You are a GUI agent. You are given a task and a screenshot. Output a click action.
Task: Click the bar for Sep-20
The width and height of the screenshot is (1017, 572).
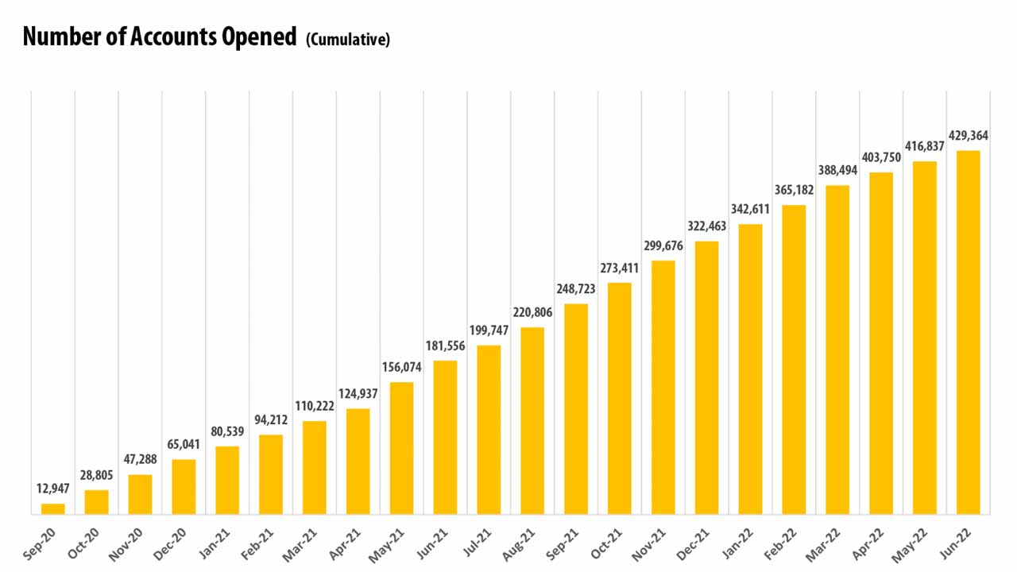(53, 508)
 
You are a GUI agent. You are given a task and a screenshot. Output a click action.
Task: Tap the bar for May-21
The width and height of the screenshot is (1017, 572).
(402, 448)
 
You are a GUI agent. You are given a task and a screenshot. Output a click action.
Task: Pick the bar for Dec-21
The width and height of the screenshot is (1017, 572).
(707, 377)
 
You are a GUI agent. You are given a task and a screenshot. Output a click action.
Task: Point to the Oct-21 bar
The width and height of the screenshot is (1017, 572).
(620, 398)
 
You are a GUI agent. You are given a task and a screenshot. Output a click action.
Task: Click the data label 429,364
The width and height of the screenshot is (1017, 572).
(968, 135)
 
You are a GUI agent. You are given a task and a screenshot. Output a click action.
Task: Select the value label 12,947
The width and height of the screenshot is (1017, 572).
(53, 489)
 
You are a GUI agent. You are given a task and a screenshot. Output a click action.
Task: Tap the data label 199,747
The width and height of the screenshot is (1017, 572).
(489, 330)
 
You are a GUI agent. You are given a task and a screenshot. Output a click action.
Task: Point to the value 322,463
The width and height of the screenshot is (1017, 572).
(707, 226)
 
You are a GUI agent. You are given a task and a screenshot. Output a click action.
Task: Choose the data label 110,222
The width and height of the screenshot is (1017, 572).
(315, 406)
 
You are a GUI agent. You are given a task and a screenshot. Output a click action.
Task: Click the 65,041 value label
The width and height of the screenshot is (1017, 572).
(184, 444)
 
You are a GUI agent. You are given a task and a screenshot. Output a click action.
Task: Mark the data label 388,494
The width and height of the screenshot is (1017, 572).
(837, 171)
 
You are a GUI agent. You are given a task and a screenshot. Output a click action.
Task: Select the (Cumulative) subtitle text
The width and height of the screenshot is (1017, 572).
(348, 40)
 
